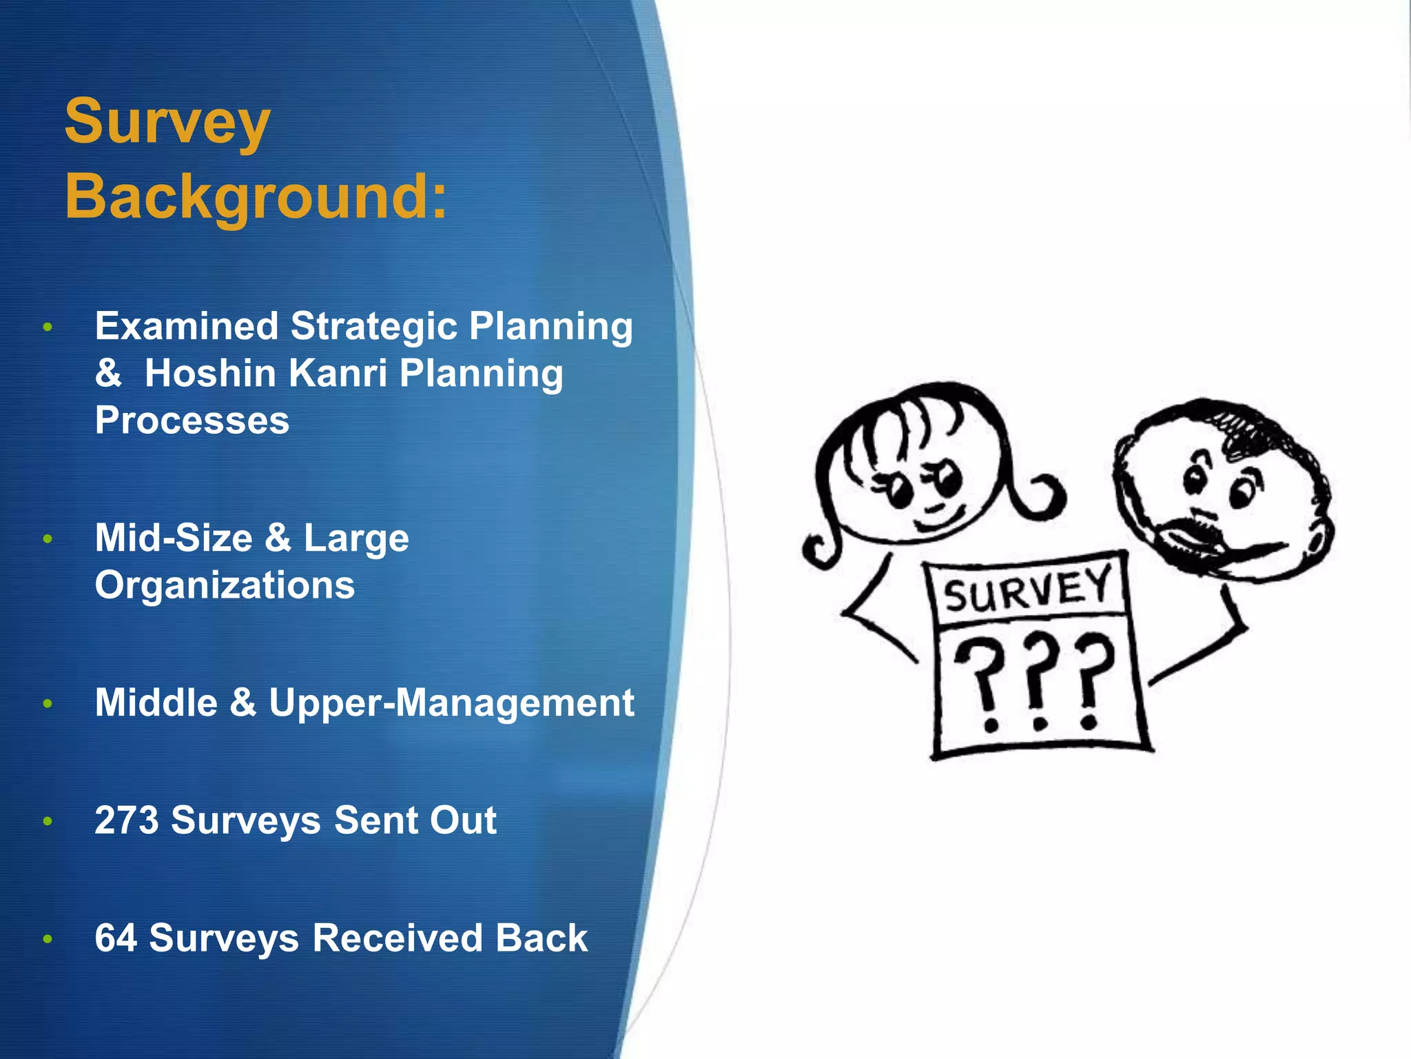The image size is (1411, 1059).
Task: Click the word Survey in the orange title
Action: pos(167,123)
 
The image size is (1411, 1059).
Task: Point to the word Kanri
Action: pos(338,374)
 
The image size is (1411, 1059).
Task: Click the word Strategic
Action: pos(373,326)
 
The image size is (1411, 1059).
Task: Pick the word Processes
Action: pos(192,421)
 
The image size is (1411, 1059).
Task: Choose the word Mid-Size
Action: pos(174,538)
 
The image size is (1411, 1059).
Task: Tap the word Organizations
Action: pos(225,585)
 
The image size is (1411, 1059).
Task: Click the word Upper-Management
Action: pos(451,703)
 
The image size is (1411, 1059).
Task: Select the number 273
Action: pos(127,820)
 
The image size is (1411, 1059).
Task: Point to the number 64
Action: pos(116,938)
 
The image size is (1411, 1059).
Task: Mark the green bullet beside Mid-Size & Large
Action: pos(48,538)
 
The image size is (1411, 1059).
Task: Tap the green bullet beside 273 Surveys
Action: pos(48,821)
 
